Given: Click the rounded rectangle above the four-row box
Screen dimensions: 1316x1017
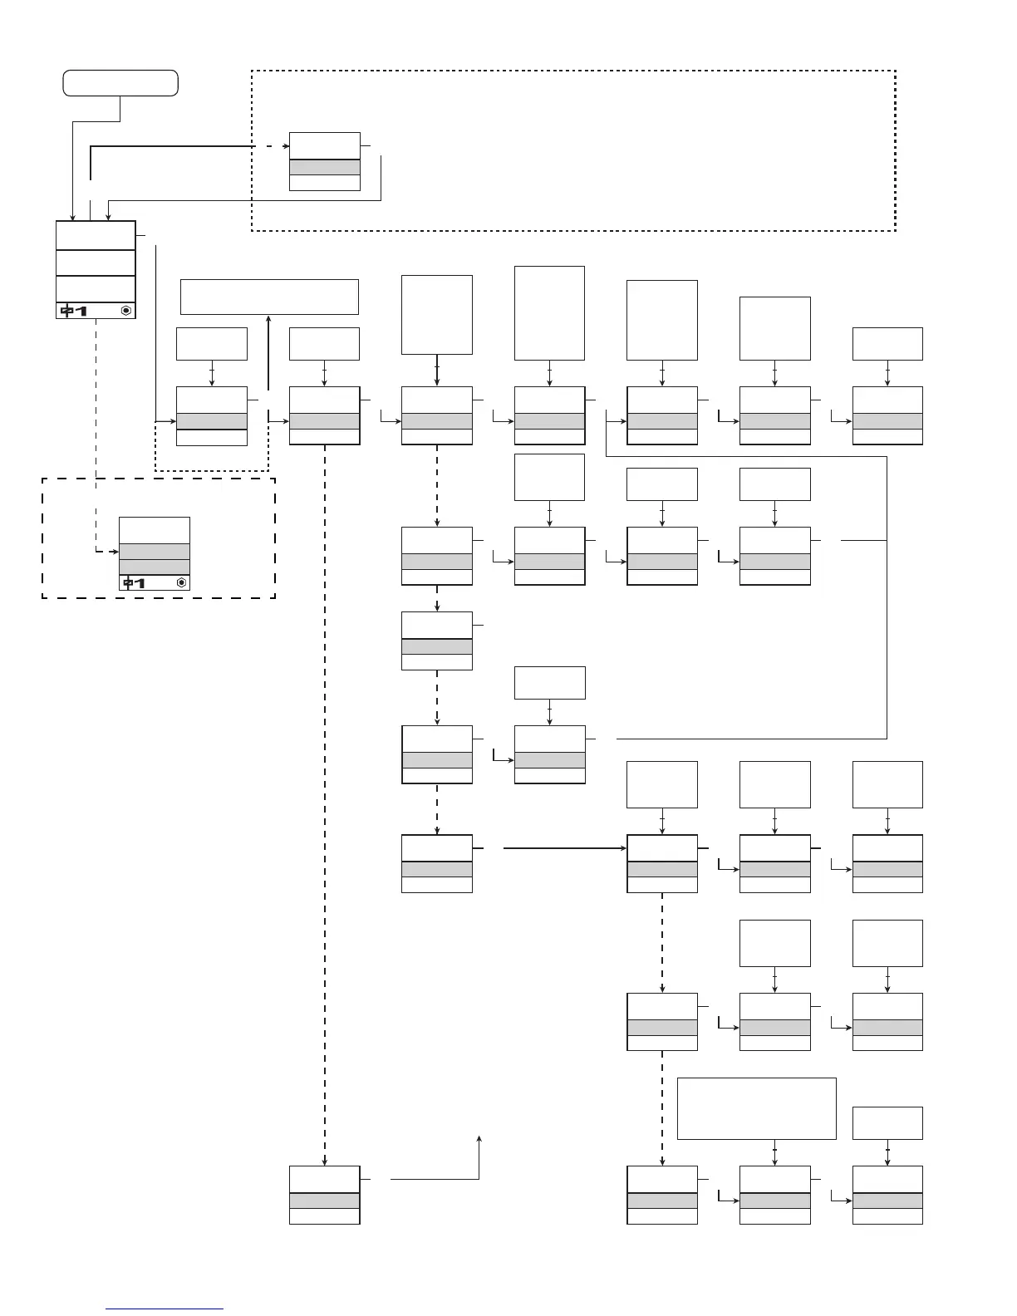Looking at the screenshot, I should pyautogui.click(x=121, y=83).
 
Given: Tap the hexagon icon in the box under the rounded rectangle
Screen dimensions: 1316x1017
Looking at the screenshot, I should pyautogui.click(x=125, y=311).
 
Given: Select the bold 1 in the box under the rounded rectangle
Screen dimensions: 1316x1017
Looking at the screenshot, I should pyautogui.click(x=81, y=311).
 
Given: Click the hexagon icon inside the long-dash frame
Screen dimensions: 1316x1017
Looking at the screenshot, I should pyautogui.click(x=181, y=583).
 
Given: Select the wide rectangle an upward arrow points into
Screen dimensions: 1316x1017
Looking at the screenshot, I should pyautogui.click(x=269, y=297).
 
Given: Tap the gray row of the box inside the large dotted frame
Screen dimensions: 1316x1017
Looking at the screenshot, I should pyautogui.click(x=324, y=167).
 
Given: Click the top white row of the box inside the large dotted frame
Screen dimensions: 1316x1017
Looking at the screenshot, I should pyautogui.click(x=324, y=145).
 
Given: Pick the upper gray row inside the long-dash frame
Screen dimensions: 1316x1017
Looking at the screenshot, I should pyautogui.click(x=155, y=552).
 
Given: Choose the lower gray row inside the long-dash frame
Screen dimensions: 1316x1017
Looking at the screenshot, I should pyautogui.click(x=155, y=567).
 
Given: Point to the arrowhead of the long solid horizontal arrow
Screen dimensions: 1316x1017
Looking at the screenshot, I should pyautogui.click(x=622, y=848).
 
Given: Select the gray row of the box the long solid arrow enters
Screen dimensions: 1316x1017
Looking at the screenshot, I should pyautogui.click(x=662, y=869).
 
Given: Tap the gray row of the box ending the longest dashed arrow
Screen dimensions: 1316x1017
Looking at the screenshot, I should pyautogui.click(x=324, y=1201).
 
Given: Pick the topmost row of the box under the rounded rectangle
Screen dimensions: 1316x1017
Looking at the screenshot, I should pyautogui.click(x=96, y=235).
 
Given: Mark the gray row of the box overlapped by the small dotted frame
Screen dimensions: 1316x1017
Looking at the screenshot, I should pyautogui.click(x=212, y=421).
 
